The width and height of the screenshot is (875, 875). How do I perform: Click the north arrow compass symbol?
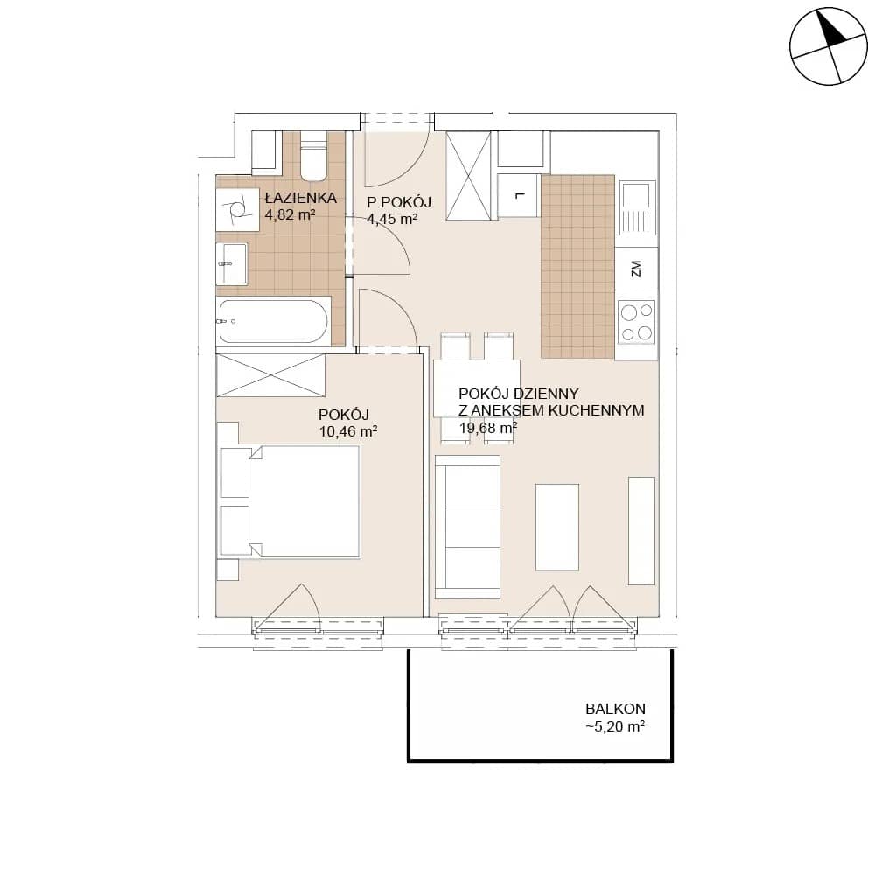coord(829,46)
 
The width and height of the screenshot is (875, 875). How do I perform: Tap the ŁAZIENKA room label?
coord(301,198)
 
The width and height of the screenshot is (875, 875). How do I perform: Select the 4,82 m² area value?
coord(290,214)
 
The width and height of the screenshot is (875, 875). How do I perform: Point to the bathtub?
coord(273,321)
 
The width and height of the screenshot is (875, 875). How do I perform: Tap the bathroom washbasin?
coord(232,264)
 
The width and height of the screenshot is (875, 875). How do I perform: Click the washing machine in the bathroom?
coord(237,209)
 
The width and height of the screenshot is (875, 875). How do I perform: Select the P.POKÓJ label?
coord(399,203)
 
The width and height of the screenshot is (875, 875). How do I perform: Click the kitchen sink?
coord(637,207)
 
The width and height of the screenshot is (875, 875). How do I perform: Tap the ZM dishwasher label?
coord(635,269)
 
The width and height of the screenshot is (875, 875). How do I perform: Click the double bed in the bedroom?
coord(290,501)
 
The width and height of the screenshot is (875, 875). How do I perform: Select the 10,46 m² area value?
coord(348,431)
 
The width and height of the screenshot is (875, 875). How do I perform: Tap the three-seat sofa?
coord(467,526)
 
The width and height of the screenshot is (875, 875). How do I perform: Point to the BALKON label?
coord(615,710)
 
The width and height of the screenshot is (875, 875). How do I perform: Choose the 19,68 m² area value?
coord(487,428)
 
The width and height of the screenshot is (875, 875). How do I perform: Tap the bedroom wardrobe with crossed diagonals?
coord(270,375)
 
